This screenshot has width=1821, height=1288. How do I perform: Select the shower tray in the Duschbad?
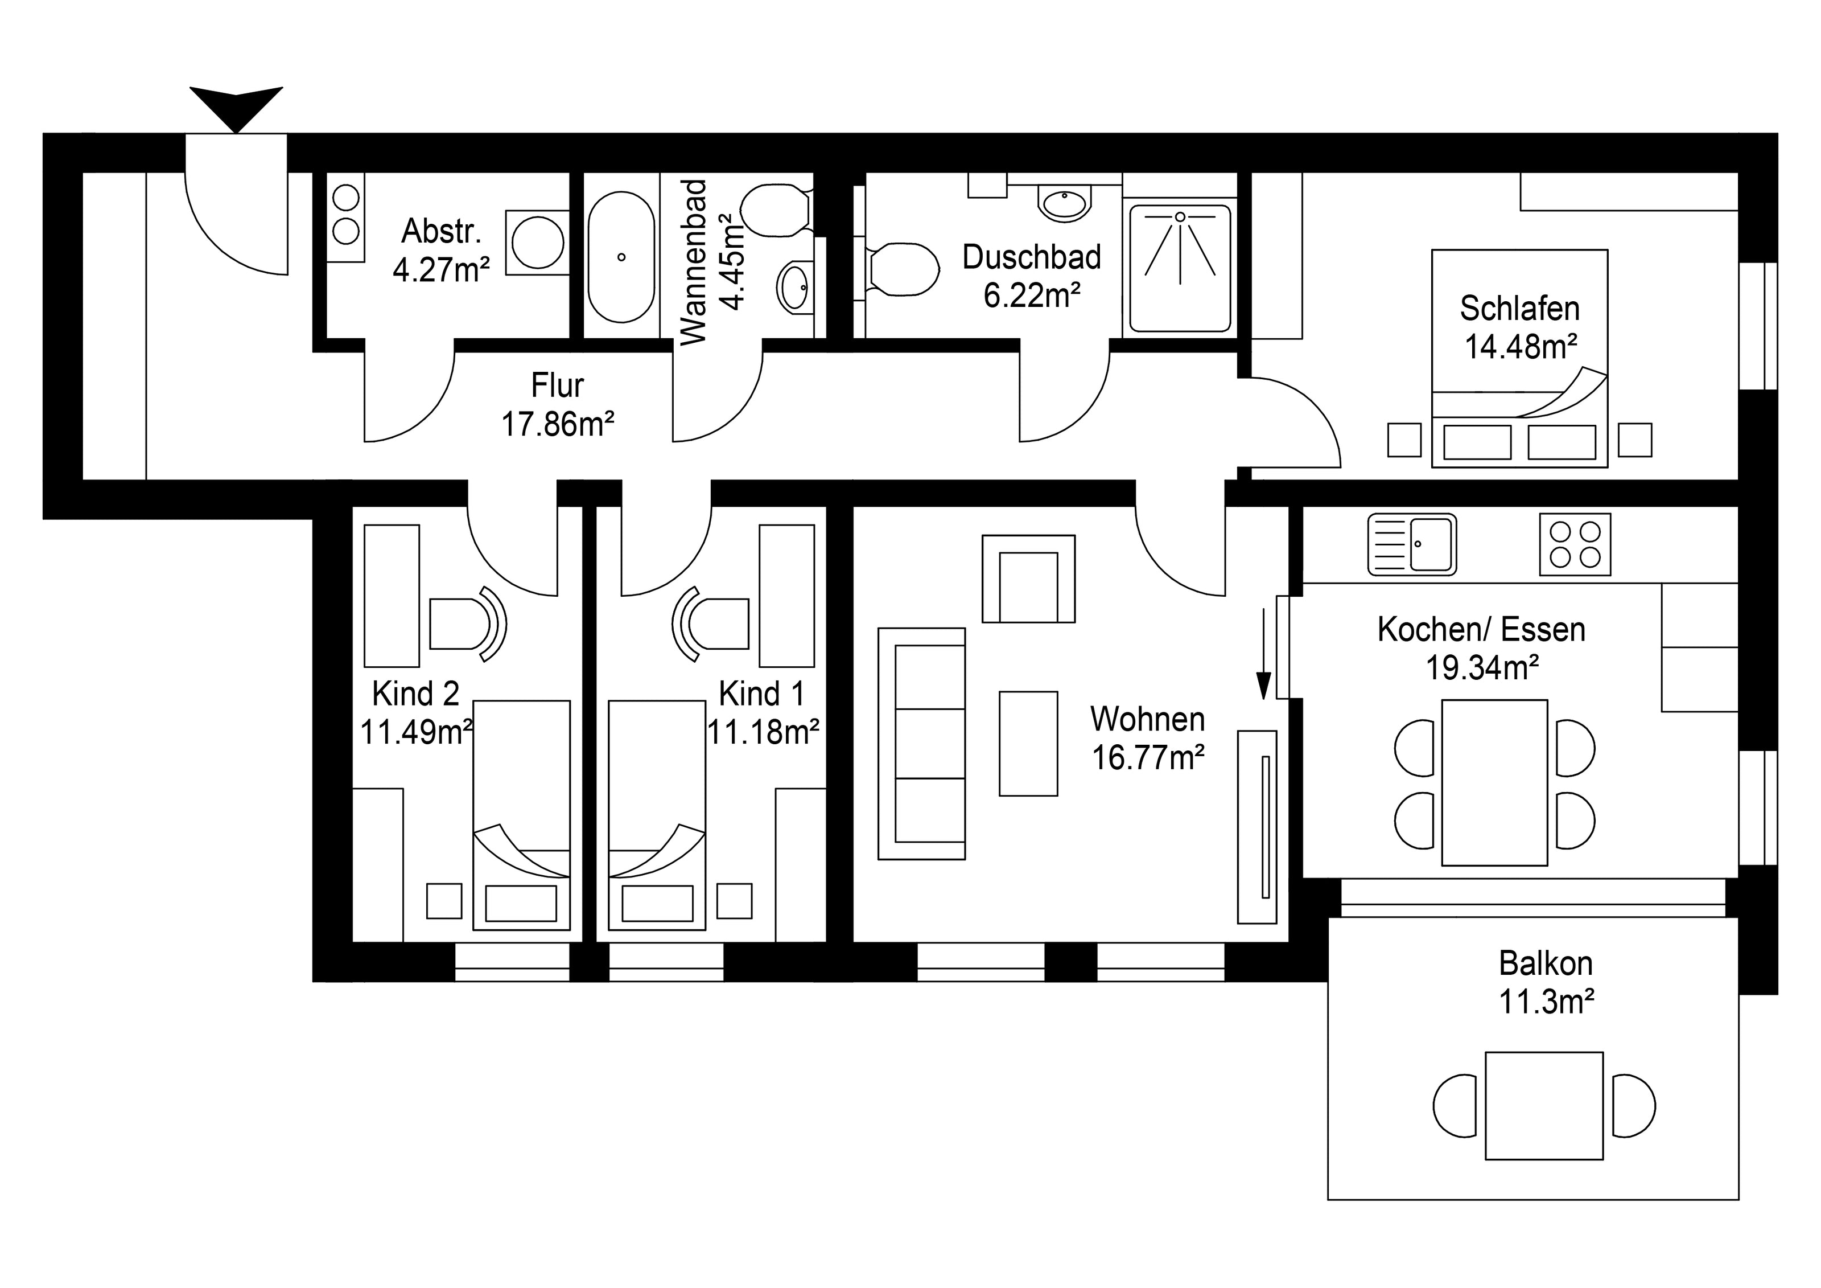(x=1180, y=268)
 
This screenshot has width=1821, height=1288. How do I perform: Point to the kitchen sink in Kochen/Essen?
(x=1412, y=544)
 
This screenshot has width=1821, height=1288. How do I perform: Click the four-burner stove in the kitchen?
(x=1575, y=544)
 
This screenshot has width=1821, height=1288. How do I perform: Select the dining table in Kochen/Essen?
(x=1494, y=782)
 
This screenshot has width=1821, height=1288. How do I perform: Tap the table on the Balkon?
(x=1544, y=1105)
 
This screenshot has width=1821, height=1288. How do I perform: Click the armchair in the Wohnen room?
(x=1029, y=579)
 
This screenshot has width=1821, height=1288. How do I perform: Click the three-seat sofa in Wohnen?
(x=922, y=744)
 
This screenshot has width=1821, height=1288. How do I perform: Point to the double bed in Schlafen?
(x=1519, y=359)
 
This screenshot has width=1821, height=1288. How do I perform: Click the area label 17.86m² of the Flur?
(x=558, y=425)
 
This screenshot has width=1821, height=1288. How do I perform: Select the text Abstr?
(x=442, y=231)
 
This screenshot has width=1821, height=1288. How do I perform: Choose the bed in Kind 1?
(x=657, y=815)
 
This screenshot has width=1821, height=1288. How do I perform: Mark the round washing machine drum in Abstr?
(x=538, y=243)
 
